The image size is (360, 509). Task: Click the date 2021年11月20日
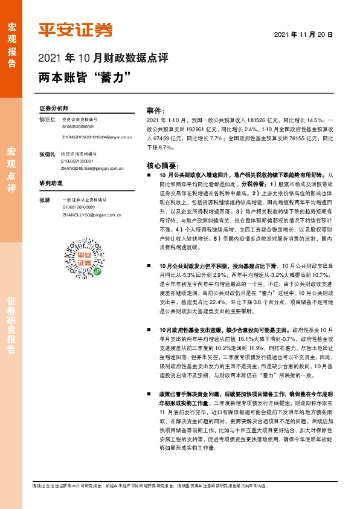pos(308,34)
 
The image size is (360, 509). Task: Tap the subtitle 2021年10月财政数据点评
pos(103,59)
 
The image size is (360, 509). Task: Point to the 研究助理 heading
pos(51,182)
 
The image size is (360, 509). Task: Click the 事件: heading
pos(156,111)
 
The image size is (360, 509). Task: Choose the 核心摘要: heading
pos(162,165)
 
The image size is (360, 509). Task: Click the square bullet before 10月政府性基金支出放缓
pos(150,329)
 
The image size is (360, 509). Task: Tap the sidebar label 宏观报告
pos(11,39)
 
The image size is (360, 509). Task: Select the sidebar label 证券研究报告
pos(11,326)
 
